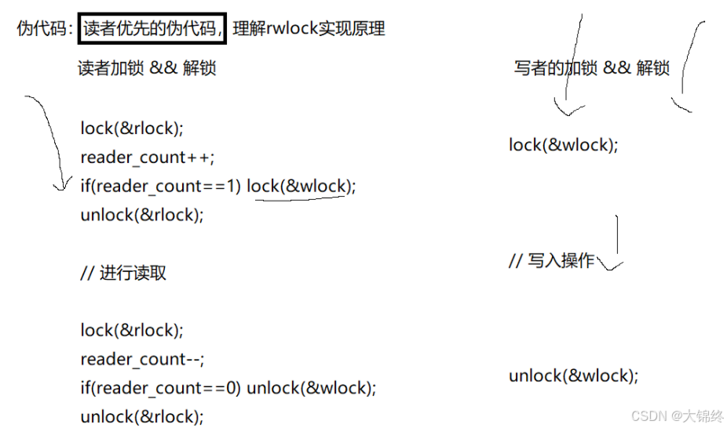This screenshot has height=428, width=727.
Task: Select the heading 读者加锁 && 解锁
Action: click(x=147, y=68)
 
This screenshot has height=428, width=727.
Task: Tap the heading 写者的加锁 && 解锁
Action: click(x=591, y=68)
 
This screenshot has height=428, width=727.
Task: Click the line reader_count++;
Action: click(x=146, y=157)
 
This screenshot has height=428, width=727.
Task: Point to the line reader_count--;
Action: click(x=142, y=359)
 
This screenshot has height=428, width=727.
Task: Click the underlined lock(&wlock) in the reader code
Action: click(x=301, y=186)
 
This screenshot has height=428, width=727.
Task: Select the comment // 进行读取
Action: click(x=123, y=273)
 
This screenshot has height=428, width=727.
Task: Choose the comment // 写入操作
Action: click(x=551, y=261)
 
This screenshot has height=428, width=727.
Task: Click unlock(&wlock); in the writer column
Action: click(x=573, y=375)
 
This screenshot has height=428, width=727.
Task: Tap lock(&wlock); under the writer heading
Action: click(x=563, y=145)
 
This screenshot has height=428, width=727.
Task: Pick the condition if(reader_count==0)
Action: click(x=161, y=388)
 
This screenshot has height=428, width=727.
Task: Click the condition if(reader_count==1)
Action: click(x=161, y=186)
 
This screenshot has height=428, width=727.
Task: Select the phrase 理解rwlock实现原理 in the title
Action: click(x=309, y=29)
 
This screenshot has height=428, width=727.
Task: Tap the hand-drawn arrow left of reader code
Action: click(x=49, y=141)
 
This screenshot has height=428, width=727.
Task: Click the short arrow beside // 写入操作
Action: click(x=617, y=243)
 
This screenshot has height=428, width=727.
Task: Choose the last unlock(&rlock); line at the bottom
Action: click(x=141, y=416)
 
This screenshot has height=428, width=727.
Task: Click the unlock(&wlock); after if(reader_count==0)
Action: click(x=311, y=388)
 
